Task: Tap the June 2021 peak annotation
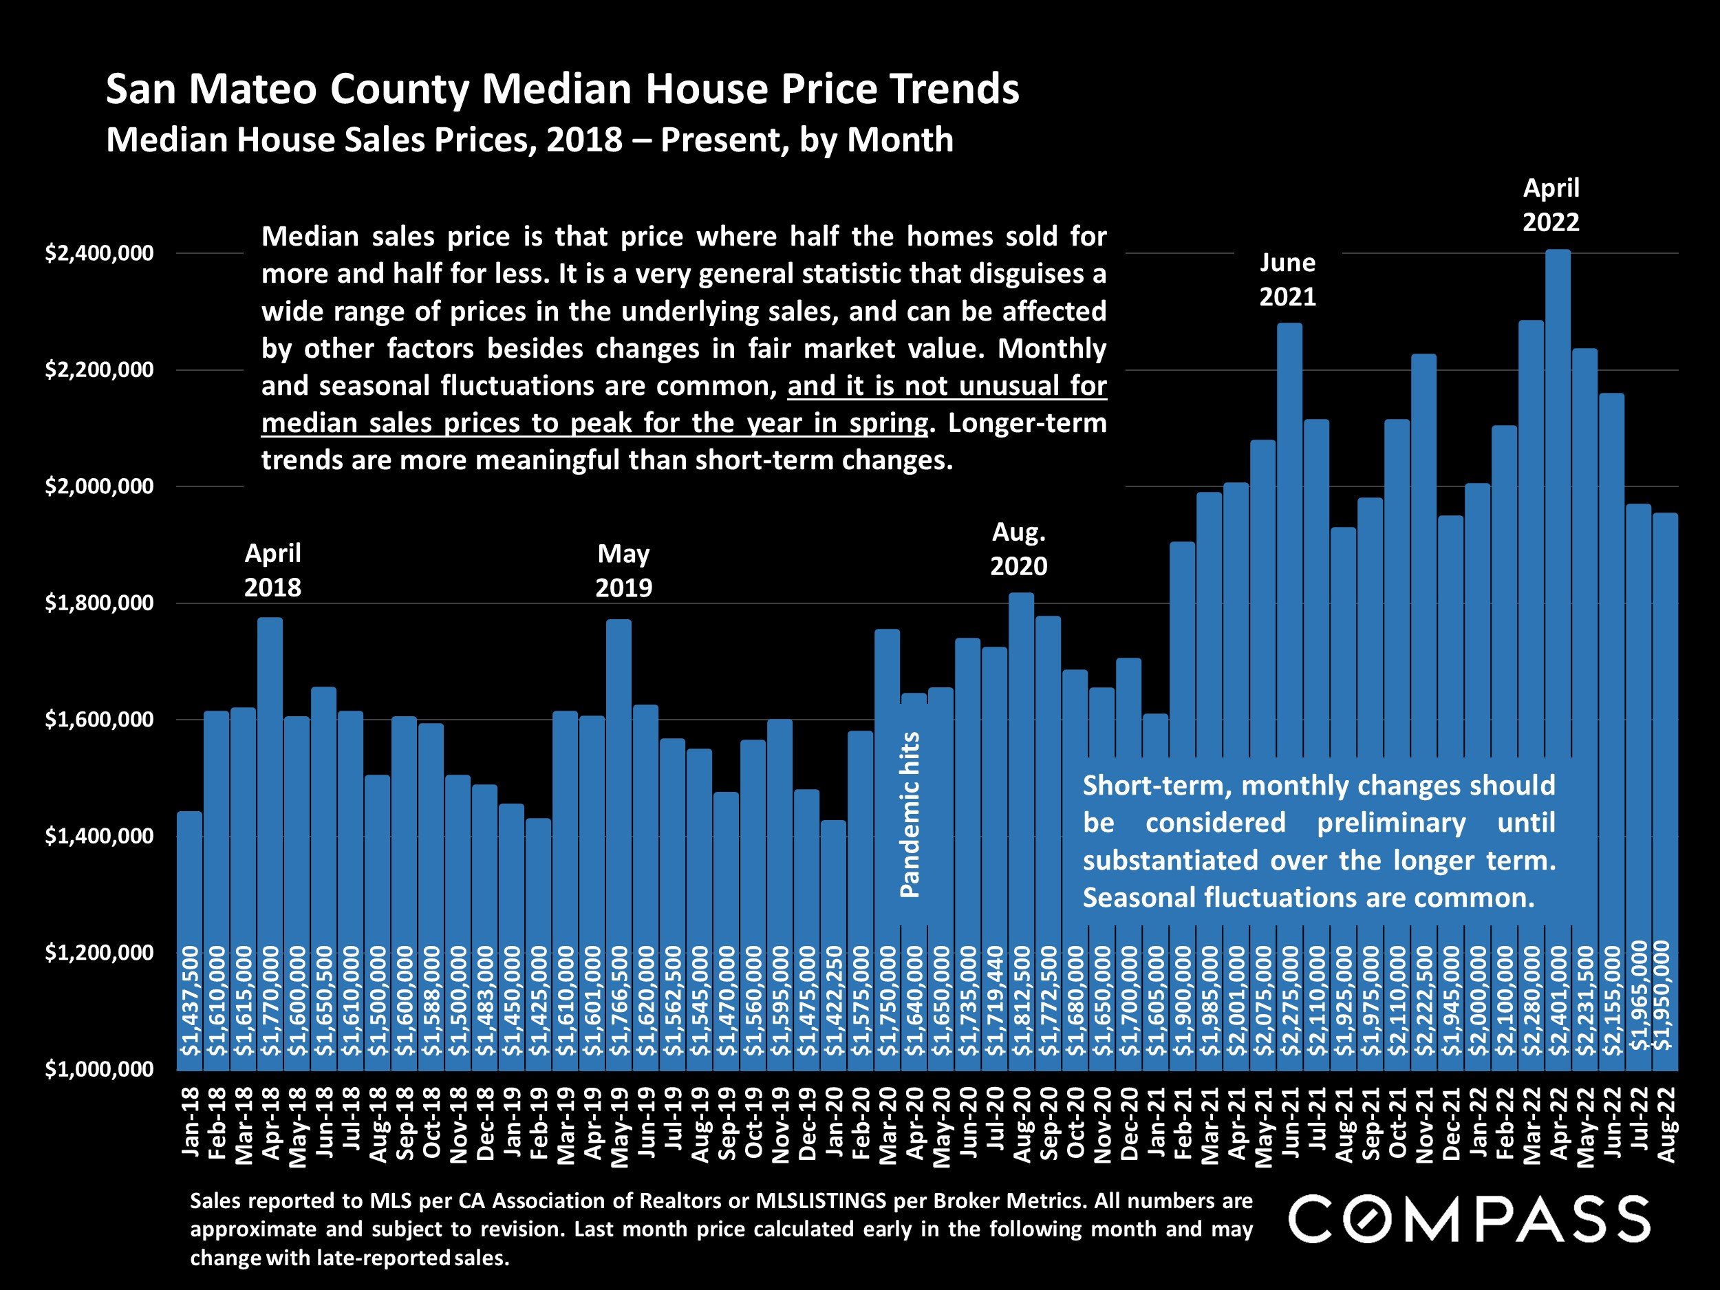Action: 1288,280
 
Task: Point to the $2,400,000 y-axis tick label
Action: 100,253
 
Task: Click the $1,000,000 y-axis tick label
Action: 100,1069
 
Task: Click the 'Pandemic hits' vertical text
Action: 910,814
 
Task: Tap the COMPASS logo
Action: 1469,1219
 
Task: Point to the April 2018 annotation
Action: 272,570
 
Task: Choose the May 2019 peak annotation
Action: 623,570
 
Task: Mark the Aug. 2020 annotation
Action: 1019,549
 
